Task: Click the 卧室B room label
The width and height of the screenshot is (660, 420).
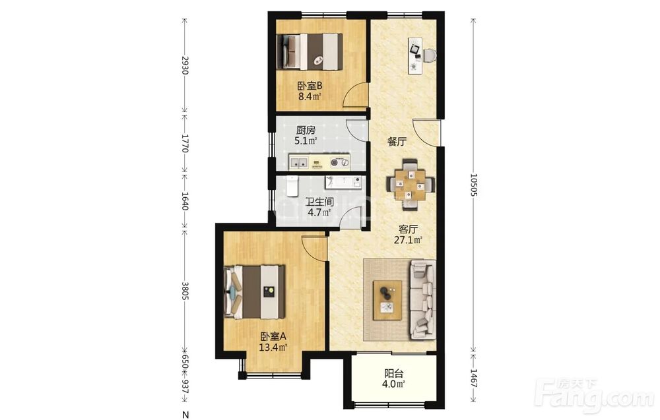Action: (310, 86)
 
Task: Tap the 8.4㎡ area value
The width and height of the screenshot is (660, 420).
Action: (310, 97)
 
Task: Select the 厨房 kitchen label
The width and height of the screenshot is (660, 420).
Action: (306, 131)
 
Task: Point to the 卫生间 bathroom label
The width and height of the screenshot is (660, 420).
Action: (320, 202)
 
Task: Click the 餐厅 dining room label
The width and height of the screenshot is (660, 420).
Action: (397, 142)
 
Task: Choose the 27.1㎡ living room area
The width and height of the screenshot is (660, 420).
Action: (408, 241)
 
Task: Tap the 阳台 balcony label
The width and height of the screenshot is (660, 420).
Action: (394, 373)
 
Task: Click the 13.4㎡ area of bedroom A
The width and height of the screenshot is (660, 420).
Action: (273, 347)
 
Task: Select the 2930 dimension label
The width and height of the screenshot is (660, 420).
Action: (184, 65)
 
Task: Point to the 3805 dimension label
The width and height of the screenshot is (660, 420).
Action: (184, 291)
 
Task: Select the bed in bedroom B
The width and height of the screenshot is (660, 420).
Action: (310, 51)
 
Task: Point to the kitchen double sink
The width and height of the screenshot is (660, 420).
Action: (299, 162)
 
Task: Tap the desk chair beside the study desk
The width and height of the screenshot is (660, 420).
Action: (430, 55)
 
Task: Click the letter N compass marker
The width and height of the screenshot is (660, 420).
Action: (185, 415)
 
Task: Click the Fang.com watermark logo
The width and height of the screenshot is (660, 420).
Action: (593, 394)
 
